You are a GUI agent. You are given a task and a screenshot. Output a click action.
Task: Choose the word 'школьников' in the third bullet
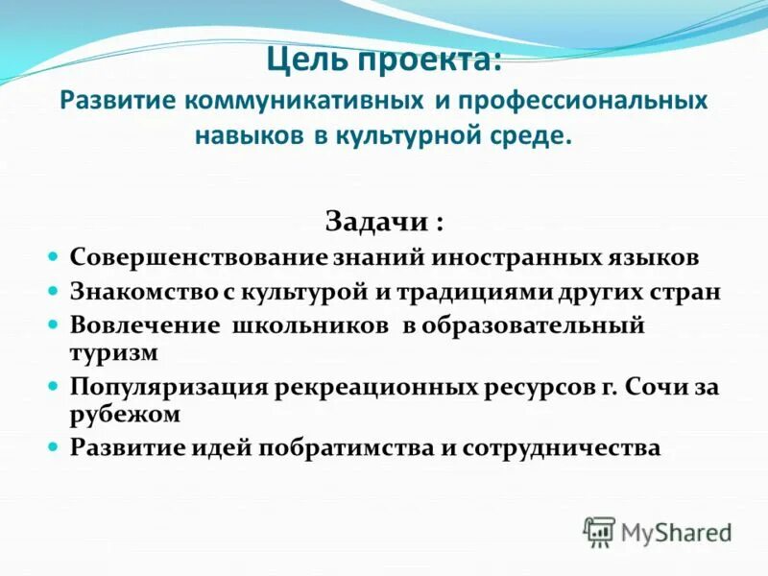(x=312, y=324)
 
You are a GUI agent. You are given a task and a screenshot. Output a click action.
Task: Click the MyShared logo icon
(x=599, y=531)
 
